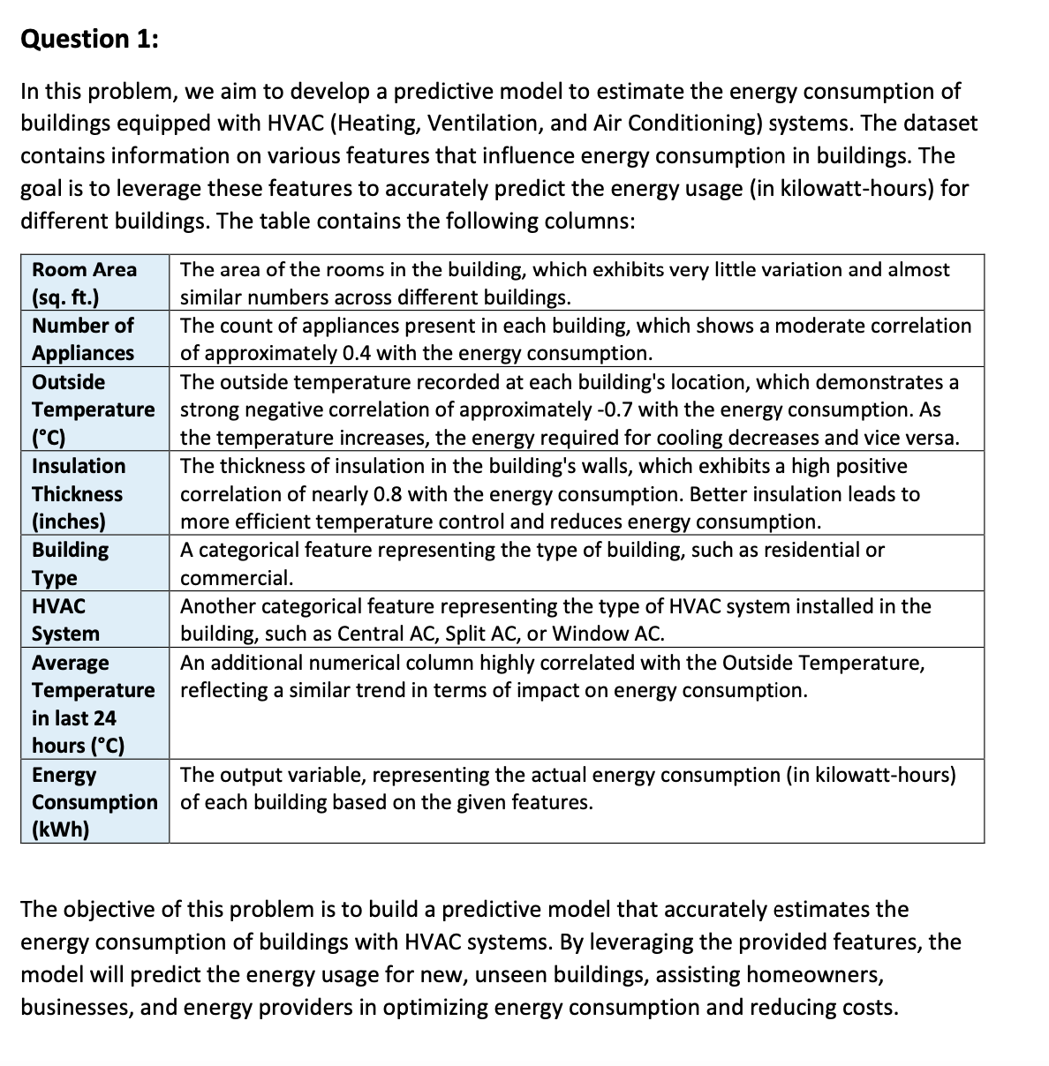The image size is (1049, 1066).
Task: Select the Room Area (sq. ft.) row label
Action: [84, 283]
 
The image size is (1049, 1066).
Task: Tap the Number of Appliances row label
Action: [83, 339]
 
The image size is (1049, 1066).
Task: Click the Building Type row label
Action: [70, 564]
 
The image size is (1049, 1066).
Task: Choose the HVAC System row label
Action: [65, 619]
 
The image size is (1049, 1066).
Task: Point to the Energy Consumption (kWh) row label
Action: [94, 801]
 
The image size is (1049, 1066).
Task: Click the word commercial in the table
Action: [234, 578]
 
